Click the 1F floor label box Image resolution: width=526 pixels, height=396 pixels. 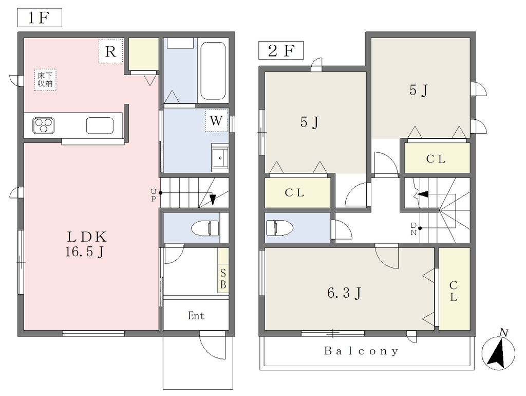tap(40, 18)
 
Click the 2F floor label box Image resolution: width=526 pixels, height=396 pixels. tap(281, 50)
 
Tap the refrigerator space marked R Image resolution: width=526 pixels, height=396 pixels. tap(111, 51)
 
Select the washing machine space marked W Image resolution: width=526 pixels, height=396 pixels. tap(216, 120)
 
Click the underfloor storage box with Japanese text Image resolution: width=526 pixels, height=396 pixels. tap(45, 80)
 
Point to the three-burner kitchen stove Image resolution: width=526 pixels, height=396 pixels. tap(44, 125)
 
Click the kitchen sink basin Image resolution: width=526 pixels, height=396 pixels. tap(100, 125)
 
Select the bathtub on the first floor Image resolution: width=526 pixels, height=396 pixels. tap(213, 70)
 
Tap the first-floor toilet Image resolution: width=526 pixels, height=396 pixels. tap(205, 228)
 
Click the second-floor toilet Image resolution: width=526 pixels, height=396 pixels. tap(279, 228)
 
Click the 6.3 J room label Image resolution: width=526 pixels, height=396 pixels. tap(344, 293)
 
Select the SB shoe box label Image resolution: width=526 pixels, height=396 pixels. tap(223, 278)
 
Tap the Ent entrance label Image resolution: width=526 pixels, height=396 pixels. tap(196, 316)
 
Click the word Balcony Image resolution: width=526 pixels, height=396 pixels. tap(362, 351)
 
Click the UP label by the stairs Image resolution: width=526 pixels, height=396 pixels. tap(153, 195)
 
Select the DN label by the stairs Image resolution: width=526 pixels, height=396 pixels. tap(414, 229)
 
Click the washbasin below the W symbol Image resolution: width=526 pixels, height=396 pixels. tap(220, 157)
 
